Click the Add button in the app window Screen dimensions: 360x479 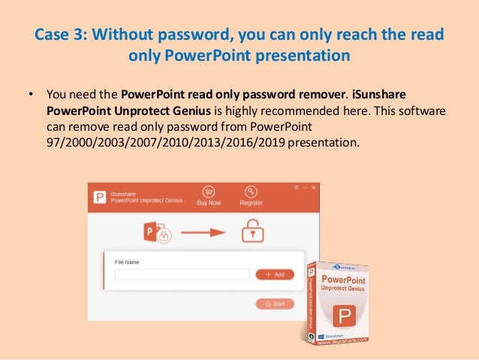(275, 275)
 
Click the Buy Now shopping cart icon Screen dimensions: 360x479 (208, 192)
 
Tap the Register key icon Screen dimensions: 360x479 (251, 192)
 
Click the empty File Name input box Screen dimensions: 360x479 (182, 275)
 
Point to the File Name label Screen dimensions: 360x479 (127, 262)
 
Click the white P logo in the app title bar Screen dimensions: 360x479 (98, 197)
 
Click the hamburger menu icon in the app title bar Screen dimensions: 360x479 (297, 186)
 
